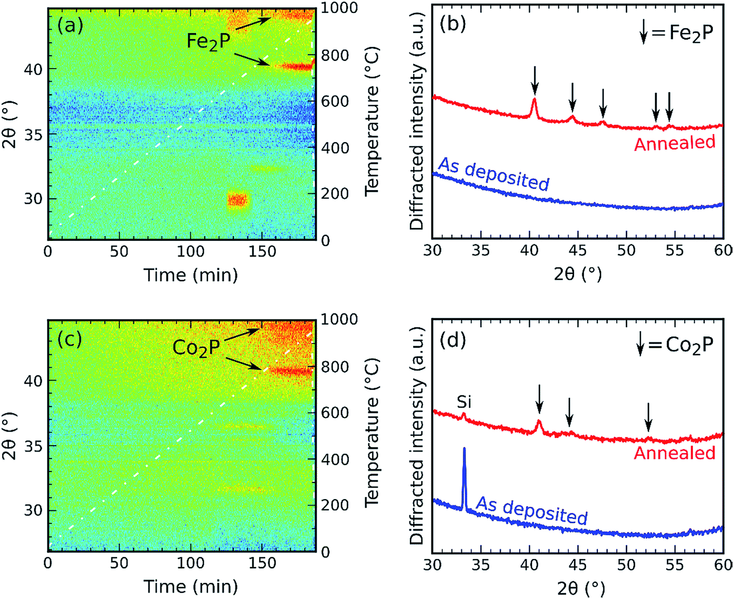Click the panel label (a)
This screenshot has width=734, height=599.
[70, 25]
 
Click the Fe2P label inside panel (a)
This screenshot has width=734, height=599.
[208, 41]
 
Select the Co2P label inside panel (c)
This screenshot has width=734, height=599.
[196, 347]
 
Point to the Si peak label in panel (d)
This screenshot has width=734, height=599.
[464, 402]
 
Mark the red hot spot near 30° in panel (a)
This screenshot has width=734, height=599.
[237, 200]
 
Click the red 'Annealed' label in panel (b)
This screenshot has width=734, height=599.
[675, 143]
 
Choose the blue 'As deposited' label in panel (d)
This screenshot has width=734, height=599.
[531, 510]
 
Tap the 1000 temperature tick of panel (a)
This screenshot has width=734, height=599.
[339, 8]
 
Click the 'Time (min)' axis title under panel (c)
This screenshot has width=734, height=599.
[191, 586]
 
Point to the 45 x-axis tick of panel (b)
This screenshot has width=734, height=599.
[577, 251]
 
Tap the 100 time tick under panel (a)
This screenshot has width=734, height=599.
[191, 252]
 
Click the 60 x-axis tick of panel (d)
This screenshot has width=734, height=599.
[722, 564]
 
